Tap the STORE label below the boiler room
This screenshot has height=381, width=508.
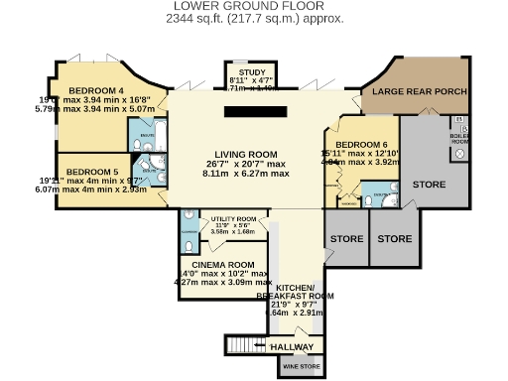click(x=430, y=186)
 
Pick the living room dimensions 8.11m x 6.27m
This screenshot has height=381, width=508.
click(x=247, y=173)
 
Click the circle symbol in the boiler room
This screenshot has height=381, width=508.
click(x=459, y=122)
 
